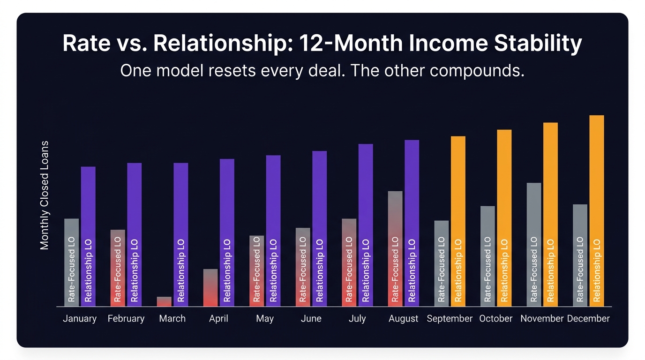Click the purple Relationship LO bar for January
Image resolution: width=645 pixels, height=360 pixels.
[88, 237]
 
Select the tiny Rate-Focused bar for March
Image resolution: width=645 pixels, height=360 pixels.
[164, 301]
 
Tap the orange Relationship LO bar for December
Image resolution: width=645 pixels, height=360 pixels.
[597, 211]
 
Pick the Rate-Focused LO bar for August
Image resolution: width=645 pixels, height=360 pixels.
[395, 248]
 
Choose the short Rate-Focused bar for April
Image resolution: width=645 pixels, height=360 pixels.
[210, 288]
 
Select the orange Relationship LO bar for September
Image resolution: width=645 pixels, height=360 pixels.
[458, 221]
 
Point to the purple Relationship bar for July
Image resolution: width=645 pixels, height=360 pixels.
[366, 225]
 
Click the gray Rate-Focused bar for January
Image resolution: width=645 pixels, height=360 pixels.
[71, 262]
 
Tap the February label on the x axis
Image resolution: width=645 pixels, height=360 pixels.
[126, 319]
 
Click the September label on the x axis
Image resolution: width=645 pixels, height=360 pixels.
[450, 319]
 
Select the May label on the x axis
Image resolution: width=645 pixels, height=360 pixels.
[265, 319]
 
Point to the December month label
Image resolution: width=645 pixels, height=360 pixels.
[588, 319]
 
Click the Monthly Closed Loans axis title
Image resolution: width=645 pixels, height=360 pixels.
[45, 195]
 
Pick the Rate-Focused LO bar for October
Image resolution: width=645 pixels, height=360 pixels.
[487, 256]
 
